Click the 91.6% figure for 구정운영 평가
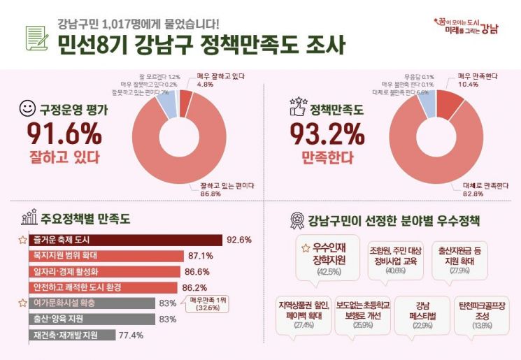(x=63, y=134)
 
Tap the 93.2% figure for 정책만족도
(x=327, y=134)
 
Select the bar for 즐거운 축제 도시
(x=127, y=240)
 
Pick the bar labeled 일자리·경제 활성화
(x=106, y=272)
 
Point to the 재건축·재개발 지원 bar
(x=73, y=335)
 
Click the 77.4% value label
(x=132, y=335)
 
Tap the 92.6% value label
(x=239, y=240)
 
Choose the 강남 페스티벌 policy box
(x=422, y=315)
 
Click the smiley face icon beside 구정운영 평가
(x=27, y=110)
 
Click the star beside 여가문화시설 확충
(x=22, y=303)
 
